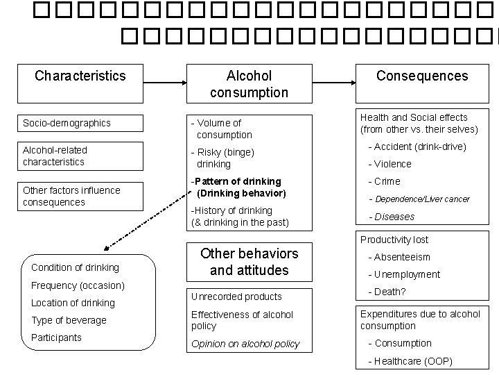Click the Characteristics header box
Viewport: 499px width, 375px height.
(x=80, y=76)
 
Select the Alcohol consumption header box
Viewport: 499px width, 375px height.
(x=249, y=83)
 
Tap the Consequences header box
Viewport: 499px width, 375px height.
(x=422, y=76)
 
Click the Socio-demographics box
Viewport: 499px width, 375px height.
(x=81, y=123)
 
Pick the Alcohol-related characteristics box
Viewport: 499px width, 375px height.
(x=81, y=156)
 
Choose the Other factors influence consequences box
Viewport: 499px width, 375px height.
(x=81, y=196)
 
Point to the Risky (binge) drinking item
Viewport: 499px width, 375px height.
(x=225, y=158)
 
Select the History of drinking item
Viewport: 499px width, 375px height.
(x=240, y=216)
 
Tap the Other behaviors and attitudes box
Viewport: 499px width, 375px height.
(x=249, y=261)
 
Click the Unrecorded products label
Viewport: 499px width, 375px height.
(x=236, y=297)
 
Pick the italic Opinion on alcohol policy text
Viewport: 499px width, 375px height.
(x=245, y=344)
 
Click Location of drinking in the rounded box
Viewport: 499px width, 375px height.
(x=73, y=303)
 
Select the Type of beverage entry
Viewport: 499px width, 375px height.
(x=69, y=320)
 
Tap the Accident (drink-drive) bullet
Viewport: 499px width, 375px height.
(x=417, y=147)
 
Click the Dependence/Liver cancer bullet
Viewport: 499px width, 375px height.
(x=422, y=199)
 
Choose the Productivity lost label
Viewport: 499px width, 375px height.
(x=394, y=240)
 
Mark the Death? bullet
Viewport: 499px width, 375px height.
(x=391, y=292)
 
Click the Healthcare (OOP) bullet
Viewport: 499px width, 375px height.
(x=409, y=361)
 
